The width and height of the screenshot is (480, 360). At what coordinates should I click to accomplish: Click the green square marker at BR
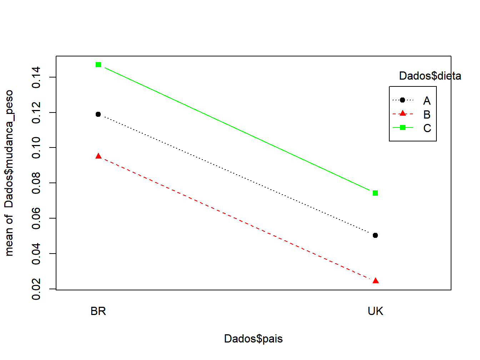point(99,65)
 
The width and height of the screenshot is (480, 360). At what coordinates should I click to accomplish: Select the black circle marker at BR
point(98,114)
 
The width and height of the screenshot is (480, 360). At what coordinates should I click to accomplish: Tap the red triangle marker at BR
point(99,156)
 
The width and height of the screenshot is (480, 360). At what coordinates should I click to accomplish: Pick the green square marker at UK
point(375,193)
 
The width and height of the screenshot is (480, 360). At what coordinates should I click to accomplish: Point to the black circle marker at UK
point(375,235)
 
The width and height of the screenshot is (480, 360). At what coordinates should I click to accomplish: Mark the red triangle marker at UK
point(375,281)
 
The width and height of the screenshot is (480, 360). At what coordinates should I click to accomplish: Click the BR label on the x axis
point(98,311)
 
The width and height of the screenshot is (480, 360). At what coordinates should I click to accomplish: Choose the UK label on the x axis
point(375,311)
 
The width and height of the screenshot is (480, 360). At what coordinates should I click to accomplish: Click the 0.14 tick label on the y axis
point(36,77)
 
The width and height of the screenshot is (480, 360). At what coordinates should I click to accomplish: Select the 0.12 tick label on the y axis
point(36,112)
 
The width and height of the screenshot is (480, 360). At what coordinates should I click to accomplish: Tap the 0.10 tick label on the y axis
point(36,147)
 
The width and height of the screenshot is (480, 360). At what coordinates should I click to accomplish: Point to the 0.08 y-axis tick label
point(36,183)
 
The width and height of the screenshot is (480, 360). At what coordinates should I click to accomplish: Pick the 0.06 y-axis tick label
point(36,218)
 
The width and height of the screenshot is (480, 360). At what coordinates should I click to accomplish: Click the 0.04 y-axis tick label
point(36,254)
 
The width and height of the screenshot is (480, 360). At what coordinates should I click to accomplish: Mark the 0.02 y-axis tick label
point(36,289)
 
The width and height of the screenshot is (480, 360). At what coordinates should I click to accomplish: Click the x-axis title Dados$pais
point(253,339)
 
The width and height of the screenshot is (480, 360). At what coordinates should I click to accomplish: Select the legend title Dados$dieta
point(430,76)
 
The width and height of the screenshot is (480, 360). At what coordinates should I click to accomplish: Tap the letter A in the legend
point(427,101)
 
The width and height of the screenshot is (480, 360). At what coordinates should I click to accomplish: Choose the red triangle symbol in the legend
point(403,114)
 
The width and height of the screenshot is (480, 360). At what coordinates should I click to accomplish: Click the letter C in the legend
point(427,128)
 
